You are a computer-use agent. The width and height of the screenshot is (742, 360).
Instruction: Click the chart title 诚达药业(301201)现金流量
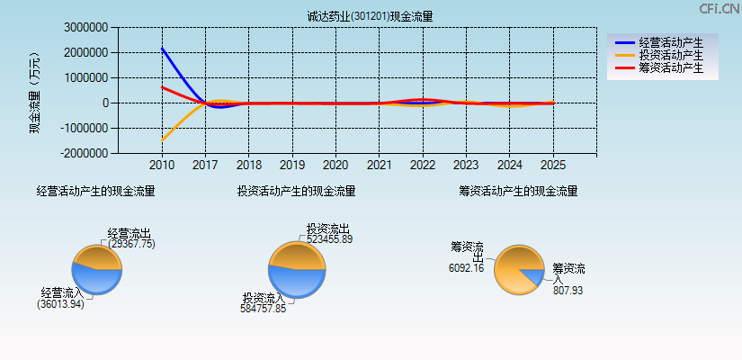[370, 16]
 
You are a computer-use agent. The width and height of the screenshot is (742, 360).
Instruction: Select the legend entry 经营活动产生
[671, 42]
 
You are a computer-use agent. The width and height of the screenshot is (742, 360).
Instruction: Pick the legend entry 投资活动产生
[671, 55]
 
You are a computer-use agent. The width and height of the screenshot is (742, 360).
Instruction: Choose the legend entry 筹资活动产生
[671, 67]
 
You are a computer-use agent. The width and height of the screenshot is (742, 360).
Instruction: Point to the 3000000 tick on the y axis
[86, 28]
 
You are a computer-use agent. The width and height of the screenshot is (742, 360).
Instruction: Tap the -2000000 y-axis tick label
[85, 153]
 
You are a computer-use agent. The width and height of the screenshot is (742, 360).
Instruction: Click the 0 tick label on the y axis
[106, 103]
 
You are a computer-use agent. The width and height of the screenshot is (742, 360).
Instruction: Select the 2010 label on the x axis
[162, 166]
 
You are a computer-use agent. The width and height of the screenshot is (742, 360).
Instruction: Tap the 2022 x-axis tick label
[423, 166]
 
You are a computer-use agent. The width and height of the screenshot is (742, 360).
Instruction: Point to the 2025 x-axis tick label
[553, 166]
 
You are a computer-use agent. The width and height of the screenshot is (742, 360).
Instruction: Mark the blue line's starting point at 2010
[162, 48]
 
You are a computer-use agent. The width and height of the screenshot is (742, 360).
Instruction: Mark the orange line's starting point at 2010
[162, 140]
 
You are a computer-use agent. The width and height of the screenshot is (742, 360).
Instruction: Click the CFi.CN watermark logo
[719, 8]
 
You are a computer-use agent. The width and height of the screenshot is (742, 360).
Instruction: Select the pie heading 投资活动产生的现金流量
[296, 191]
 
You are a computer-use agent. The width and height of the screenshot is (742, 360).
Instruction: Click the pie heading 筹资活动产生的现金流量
[518, 191]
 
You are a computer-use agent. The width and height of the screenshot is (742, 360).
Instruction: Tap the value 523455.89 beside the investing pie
[329, 239]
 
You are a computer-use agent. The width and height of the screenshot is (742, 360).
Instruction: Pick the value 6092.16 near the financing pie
[466, 267]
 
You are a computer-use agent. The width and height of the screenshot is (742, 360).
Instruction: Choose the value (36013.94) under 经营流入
[60, 304]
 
